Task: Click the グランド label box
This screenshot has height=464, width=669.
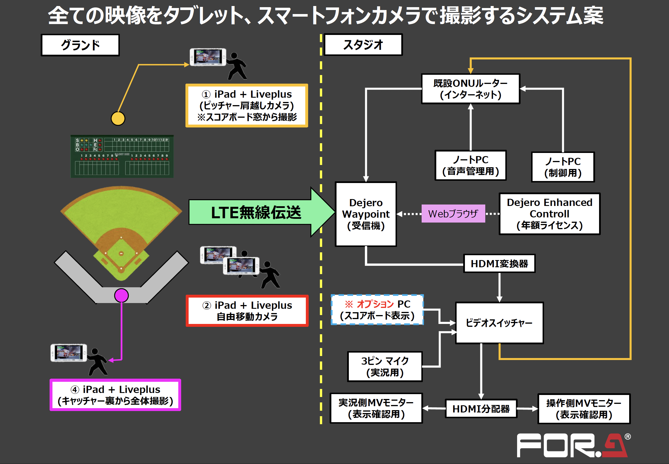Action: coord(80,45)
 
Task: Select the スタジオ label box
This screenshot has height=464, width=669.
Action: coord(363,44)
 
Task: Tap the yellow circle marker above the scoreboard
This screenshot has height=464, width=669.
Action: coord(118,119)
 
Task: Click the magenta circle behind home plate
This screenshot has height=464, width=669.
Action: coord(121,295)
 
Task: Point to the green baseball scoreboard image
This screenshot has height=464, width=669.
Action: coord(122,156)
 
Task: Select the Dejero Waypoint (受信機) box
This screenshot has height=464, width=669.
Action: coord(366,214)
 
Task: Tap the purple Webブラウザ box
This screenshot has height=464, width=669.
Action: coord(453,214)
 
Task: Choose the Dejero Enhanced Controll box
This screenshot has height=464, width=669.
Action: coord(549,214)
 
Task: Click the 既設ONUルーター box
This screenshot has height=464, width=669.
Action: coord(470,89)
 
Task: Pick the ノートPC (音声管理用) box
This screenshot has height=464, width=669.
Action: coord(470,166)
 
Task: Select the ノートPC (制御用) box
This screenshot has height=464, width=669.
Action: coord(563,167)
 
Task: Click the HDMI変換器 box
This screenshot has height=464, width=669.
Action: coord(499,264)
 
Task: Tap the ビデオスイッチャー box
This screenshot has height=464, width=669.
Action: coord(499,323)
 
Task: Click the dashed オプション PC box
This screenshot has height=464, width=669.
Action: coord(377,310)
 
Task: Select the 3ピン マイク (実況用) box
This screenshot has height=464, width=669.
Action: coord(385,367)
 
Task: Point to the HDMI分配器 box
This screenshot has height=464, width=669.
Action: coord(481,409)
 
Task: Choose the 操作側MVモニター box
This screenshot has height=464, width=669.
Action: coord(584,409)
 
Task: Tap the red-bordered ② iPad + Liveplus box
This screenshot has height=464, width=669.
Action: coord(247,311)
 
